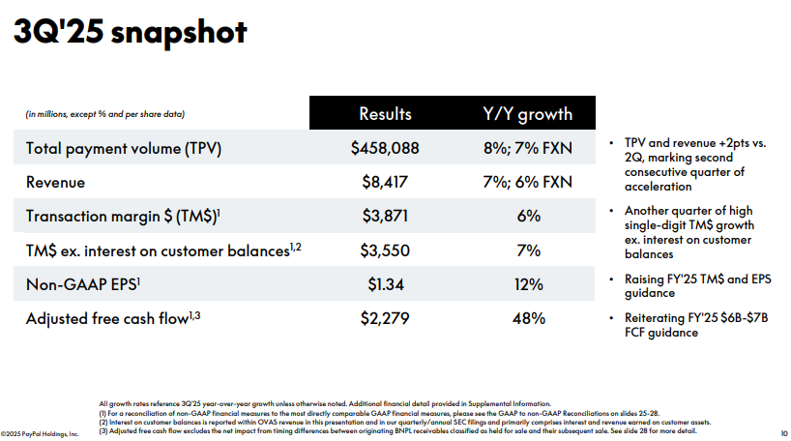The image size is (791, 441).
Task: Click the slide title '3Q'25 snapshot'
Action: pos(130,32)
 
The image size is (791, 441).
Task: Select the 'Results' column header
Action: pos(385,114)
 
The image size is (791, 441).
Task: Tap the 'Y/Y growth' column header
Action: pos(527,114)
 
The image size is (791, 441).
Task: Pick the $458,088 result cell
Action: pos(385,149)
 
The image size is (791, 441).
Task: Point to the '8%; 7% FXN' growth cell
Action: pos(527,149)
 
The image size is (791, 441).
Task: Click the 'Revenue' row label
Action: pos(55,182)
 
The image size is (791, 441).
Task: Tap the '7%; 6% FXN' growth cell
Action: pos(527,182)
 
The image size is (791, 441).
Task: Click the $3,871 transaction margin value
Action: pos(385,216)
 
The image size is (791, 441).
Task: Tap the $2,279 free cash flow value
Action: pos(385,317)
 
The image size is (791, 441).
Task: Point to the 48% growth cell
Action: pos(527,317)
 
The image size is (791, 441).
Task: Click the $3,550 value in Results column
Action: pos(385,250)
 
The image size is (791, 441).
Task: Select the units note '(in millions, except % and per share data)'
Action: pos(104,115)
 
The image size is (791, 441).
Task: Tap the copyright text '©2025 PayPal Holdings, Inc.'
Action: pos(40,433)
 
